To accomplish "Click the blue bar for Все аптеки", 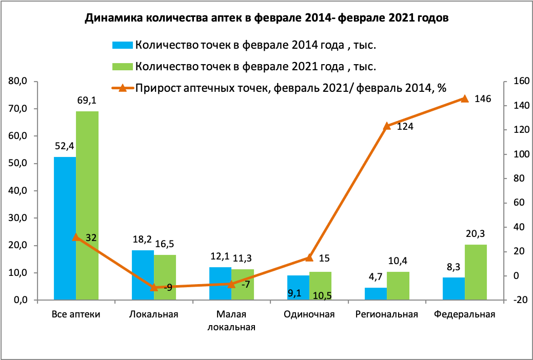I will point(65,228).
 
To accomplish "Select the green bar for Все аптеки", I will point(87,205).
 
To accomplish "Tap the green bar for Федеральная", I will point(476,272).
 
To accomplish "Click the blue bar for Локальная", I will point(143,275).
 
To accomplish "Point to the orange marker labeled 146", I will point(464,98).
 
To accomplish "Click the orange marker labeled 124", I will point(387,126).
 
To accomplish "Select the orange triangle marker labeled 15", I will point(309,257).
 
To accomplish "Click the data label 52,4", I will point(64,146).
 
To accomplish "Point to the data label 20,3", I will point(476,234).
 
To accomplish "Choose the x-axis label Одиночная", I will point(309,315).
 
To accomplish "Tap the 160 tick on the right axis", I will point(515,82).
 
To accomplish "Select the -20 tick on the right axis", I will point(514,300).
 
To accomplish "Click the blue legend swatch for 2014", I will point(123,45).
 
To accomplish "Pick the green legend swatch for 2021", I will point(123,67).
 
